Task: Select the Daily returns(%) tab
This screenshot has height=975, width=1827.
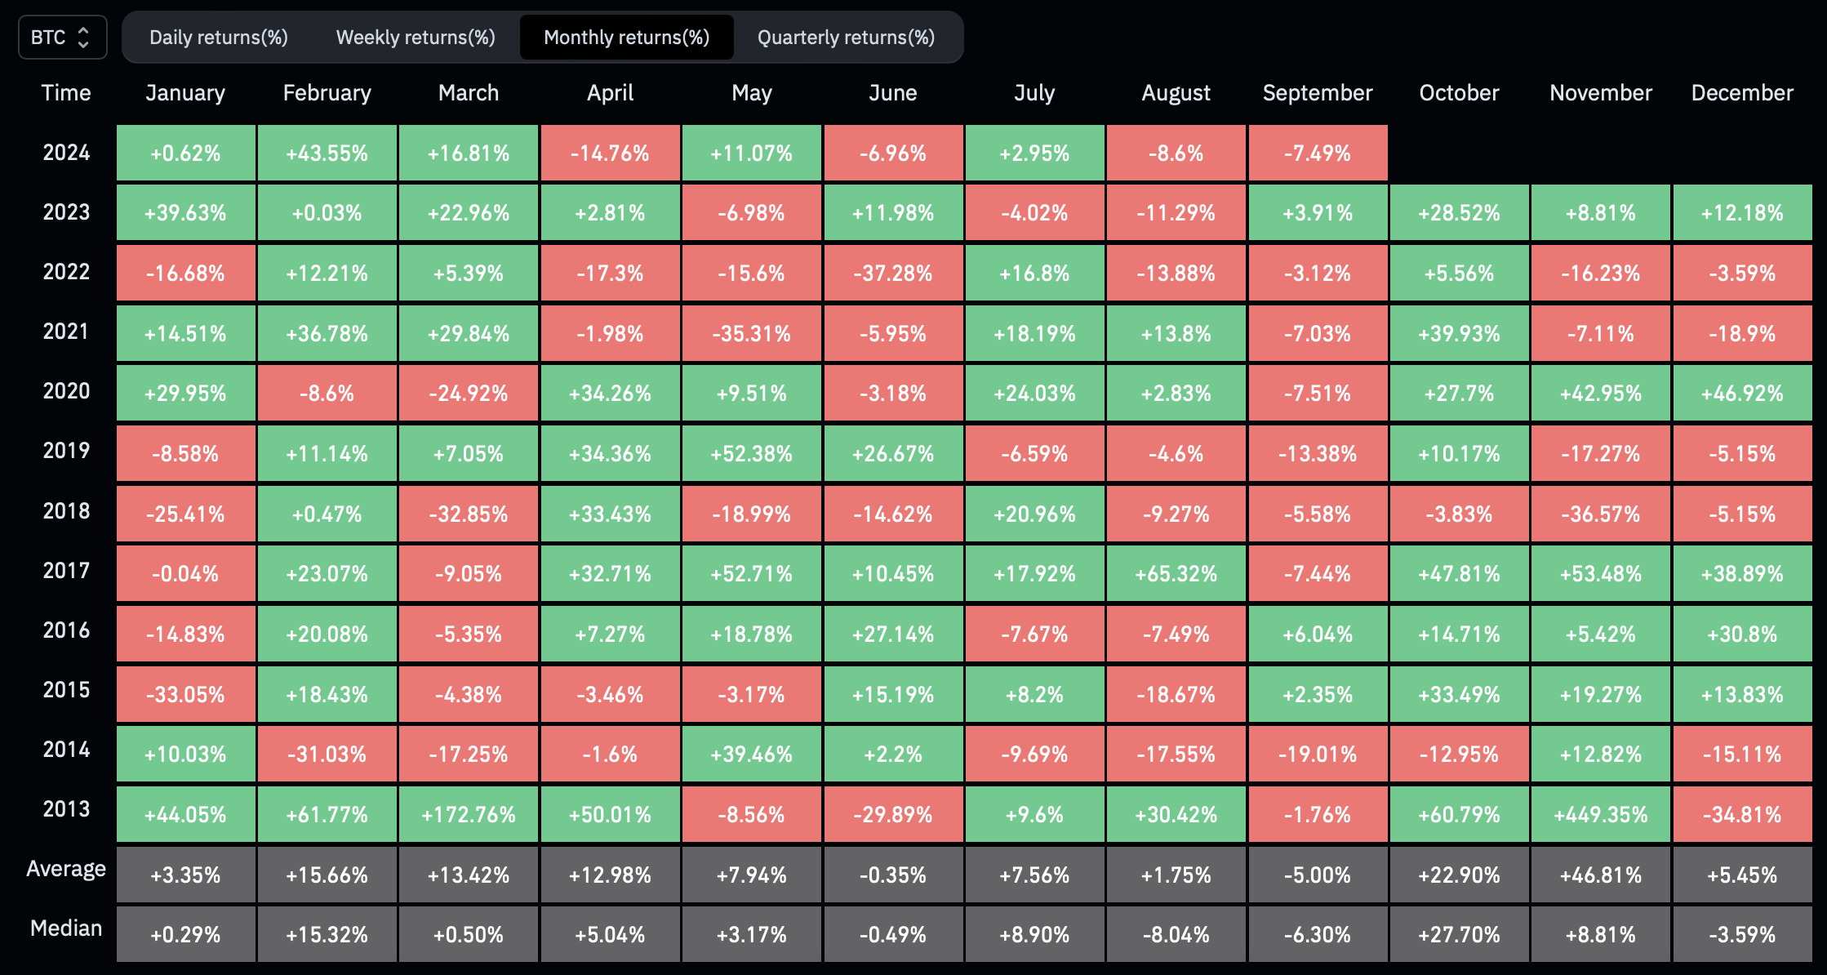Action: click(219, 38)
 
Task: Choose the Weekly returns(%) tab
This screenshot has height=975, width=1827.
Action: click(416, 38)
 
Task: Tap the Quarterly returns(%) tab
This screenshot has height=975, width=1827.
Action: click(847, 38)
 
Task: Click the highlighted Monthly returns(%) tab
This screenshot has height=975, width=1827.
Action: click(627, 38)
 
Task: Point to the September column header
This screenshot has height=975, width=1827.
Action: click(1318, 93)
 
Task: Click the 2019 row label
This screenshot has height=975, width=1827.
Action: click(66, 451)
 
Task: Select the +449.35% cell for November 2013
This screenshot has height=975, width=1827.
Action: click(1601, 814)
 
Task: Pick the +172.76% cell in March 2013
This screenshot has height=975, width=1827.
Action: click(469, 814)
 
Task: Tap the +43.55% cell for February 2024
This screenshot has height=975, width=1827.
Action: click(327, 153)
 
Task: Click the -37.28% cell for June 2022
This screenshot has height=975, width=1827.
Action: click(893, 273)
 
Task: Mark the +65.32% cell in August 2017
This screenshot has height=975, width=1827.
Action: click(1176, 573)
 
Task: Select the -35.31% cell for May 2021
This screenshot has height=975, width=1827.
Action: click(752, 333)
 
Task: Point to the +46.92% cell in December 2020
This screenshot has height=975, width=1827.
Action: click(1742, 393)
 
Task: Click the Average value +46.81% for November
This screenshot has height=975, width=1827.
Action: click(1601, 875)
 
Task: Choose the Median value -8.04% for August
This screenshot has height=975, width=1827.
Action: click(1176, 934)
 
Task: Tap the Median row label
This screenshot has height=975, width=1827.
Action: click(66, 928)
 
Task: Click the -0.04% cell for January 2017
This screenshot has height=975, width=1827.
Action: click(186, 573)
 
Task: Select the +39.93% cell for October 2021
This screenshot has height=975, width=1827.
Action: click(1459, 333)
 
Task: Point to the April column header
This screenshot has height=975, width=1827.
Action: click(611, 93)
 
